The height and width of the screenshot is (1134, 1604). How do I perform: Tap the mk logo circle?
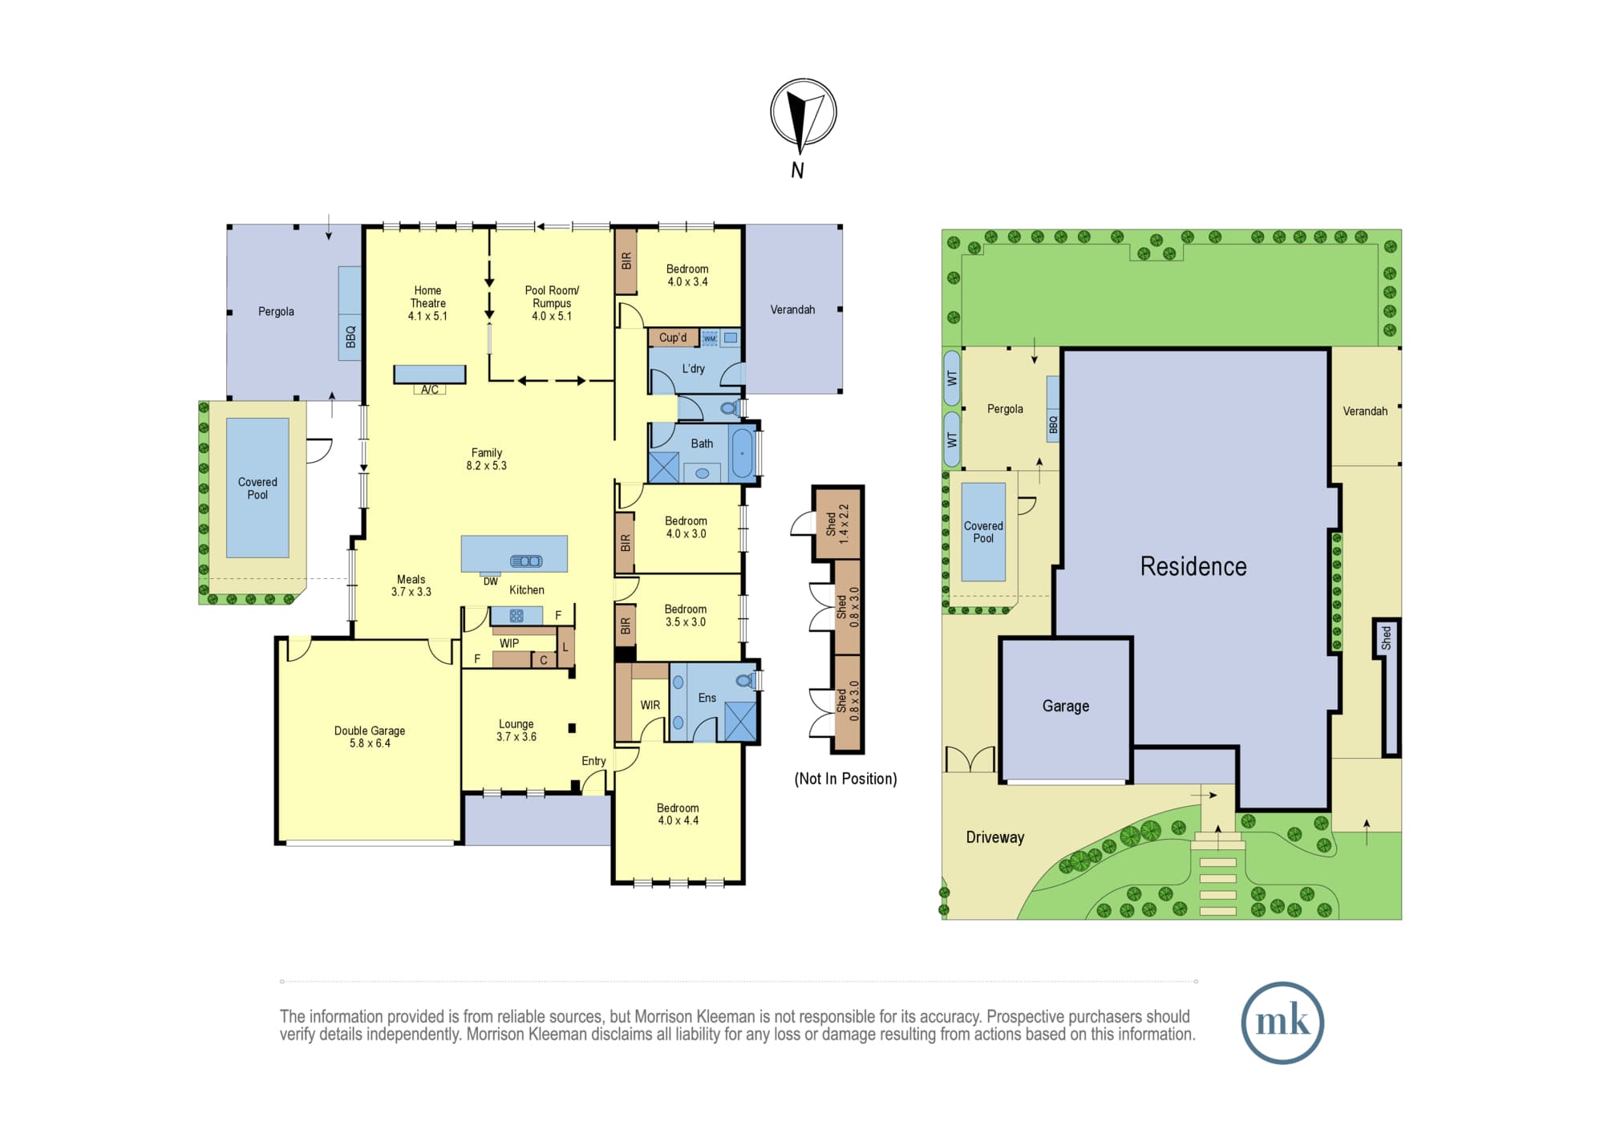tap(1282, 1023)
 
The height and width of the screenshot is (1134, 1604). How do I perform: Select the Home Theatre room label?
tap(427, 303)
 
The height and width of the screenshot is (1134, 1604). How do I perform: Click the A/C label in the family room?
tap(430, 390)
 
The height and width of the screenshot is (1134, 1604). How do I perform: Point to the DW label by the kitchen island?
tap(491, 581)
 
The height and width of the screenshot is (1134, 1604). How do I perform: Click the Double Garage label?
tap(370, 737)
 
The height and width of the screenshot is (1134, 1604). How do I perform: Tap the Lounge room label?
tap(516, 730)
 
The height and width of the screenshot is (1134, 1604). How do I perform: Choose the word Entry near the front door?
tap(593, 761)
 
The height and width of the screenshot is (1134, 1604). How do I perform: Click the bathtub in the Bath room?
tap(743, 453)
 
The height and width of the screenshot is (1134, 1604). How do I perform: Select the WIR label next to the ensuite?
tap(650, 706)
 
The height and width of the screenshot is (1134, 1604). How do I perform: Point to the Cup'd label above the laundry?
tap(673, 338)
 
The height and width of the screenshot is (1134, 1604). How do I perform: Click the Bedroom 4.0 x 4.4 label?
tap(678, 814)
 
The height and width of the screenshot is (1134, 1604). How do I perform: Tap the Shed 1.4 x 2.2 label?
tap(837, 524)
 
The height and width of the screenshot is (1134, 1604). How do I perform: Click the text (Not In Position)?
tap(846, 779)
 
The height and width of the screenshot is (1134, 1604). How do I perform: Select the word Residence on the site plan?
tap(1193, 566)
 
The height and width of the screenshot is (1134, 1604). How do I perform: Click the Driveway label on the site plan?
tap(995, 837)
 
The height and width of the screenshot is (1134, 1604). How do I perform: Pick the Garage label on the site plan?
tap(1066, 706)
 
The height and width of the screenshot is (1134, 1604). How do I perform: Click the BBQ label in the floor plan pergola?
tap(350, 337)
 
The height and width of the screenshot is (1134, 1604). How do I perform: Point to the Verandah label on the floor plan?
tap(792, 310)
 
